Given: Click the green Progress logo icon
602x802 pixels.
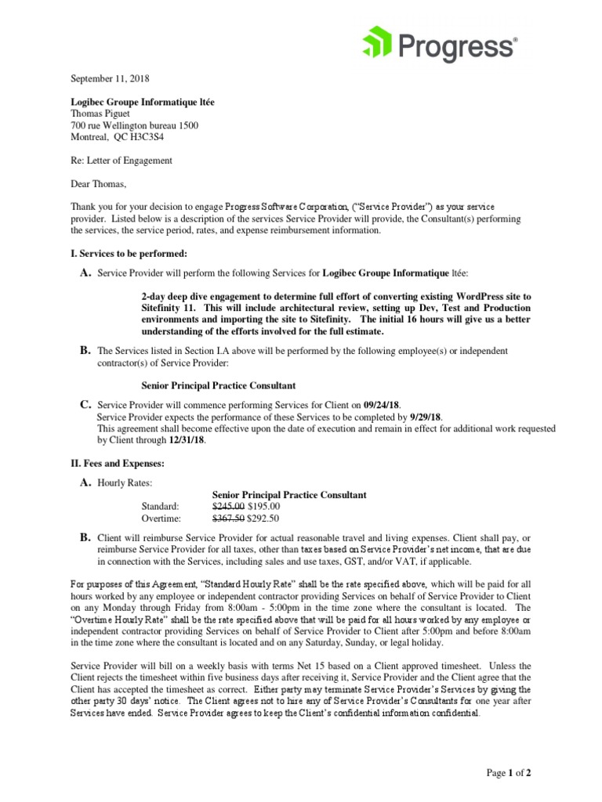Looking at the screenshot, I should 379,44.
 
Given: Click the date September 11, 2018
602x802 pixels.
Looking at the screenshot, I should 110,79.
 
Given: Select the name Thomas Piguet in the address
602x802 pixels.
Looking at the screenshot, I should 102,113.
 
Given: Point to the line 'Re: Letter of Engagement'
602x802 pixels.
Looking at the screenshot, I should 121,161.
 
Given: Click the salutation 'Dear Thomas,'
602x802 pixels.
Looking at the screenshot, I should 98,185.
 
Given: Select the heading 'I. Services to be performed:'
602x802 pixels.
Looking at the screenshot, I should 129,254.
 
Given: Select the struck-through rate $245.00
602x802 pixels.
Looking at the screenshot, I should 229,507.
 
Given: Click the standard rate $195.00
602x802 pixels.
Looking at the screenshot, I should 264,507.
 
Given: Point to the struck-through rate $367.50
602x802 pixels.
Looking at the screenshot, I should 229,518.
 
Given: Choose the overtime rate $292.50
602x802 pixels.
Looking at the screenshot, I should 264,518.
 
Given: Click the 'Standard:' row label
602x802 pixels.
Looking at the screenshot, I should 161,507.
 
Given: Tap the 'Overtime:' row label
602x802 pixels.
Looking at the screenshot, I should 161,518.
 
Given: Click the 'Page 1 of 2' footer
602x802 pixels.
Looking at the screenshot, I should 509,773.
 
